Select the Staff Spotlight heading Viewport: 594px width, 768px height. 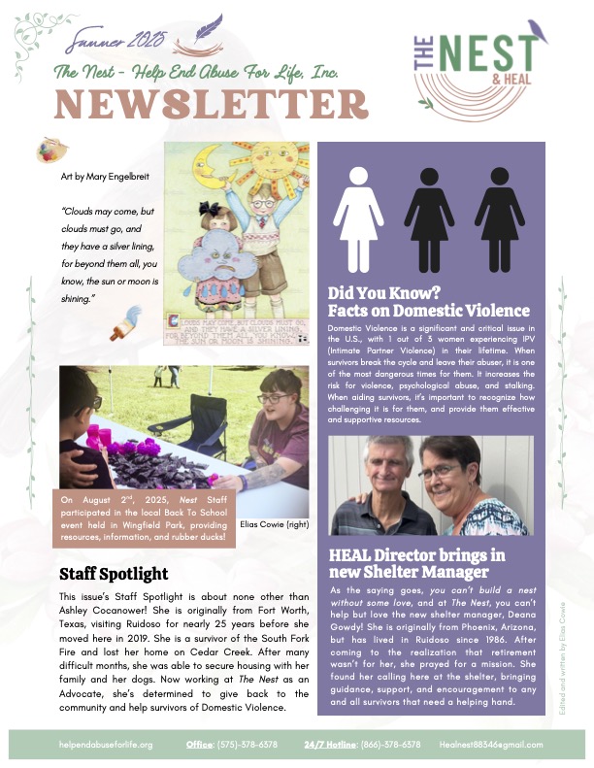click(114, 573)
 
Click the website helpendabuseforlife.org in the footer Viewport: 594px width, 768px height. click(106, 744)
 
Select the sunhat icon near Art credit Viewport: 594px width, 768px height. click(47, 150)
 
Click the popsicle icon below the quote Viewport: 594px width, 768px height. click(131, 319)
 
